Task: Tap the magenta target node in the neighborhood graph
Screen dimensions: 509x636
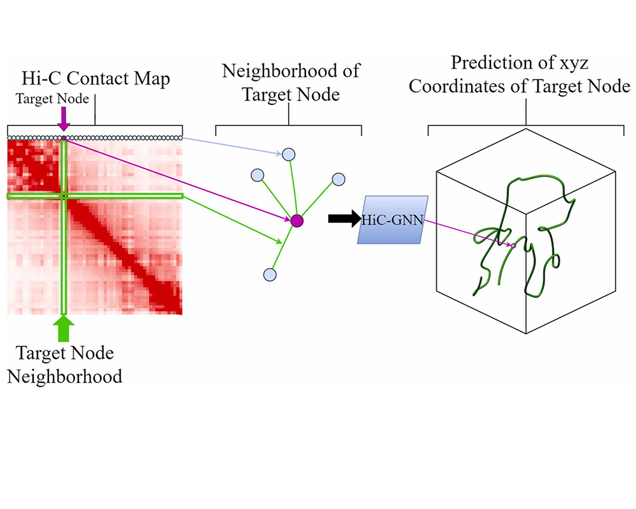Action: (296, 221)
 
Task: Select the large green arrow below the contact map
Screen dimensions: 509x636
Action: (64, 328)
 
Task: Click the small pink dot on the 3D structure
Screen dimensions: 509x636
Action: (513, 244)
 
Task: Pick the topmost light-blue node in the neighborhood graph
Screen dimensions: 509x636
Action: (289, 154)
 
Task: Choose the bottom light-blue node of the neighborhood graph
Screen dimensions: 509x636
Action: (270, 274)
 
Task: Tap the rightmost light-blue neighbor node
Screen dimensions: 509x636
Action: (338, 179)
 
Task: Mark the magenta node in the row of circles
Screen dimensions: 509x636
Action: (64, 137)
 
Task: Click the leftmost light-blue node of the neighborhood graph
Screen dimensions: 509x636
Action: (258, 175)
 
